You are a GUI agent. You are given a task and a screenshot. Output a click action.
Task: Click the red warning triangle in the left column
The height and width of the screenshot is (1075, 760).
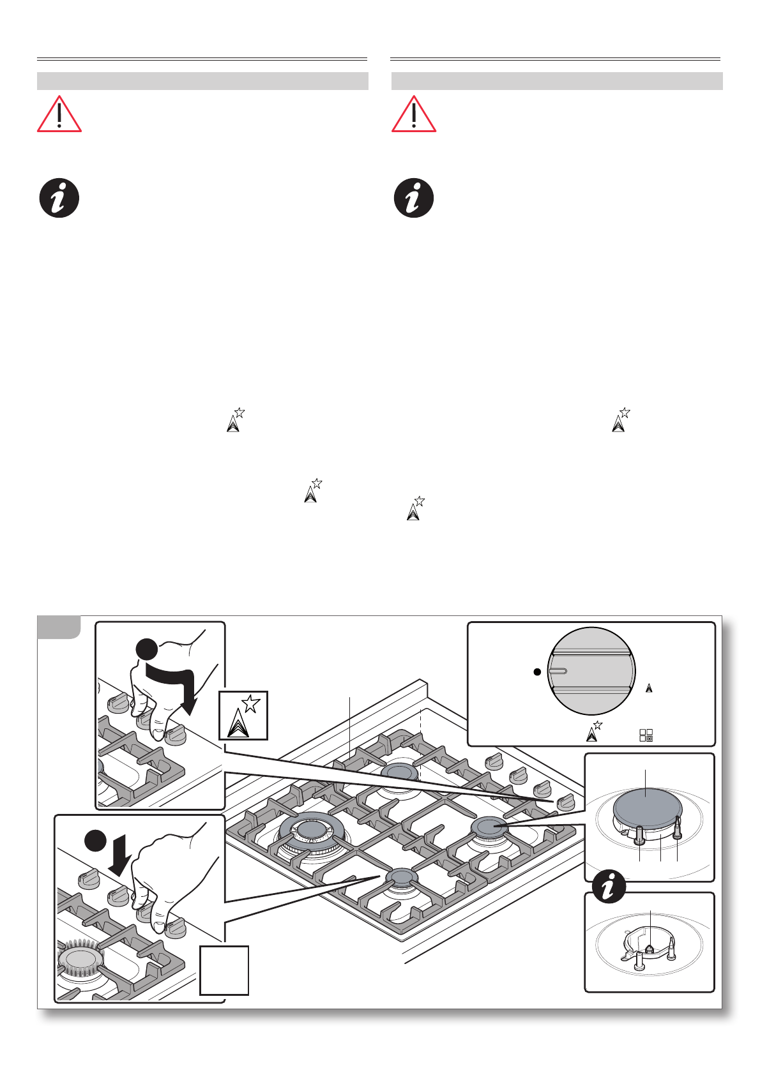[x=59, y=116]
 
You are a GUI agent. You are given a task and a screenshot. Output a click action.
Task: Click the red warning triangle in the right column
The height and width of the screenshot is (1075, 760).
[x=414, y=116]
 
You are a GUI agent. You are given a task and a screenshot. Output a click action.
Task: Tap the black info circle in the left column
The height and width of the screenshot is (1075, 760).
[x=59, y=198]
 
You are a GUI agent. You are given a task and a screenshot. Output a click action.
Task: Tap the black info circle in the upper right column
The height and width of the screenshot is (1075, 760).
[x=414, y=198]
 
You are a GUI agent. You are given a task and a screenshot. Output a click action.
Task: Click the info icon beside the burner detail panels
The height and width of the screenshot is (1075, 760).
[x=609, y=887]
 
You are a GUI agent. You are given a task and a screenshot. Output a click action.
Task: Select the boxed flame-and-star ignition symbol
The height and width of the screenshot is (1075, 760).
[x=243, y=716]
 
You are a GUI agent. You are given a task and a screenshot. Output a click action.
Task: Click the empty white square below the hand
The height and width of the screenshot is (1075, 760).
[x=224, y=970]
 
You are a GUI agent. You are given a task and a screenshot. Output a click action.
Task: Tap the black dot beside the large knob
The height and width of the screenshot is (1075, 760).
[x=537, y=672]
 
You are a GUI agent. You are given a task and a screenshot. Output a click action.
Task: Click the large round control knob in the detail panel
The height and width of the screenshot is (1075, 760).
[x=591, y=671]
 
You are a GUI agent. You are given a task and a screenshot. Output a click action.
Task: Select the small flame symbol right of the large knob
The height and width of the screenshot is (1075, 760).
[x=649, y=688]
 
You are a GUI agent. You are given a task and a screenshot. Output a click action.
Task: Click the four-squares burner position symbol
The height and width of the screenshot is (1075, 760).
[x=646, y=735]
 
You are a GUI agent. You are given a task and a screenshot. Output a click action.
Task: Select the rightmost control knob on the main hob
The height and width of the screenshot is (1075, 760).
[x=565, y=802]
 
